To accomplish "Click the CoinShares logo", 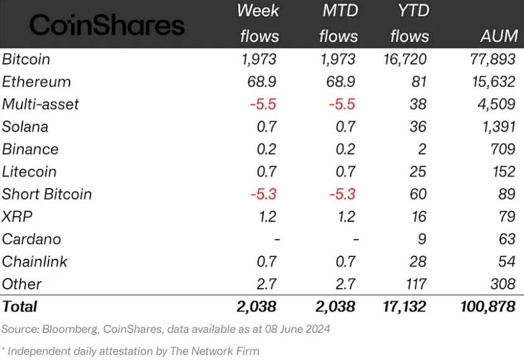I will [107, 25].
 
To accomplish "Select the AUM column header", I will [499, 36].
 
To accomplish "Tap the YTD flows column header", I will [410, 24].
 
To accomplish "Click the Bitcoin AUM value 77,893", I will [489, 60].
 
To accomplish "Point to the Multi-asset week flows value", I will [263, 104].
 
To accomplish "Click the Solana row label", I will [25, 127].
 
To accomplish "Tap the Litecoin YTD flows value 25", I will [418, 171].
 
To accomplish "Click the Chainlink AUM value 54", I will [506, 261].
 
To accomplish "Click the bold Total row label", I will [20, 306].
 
